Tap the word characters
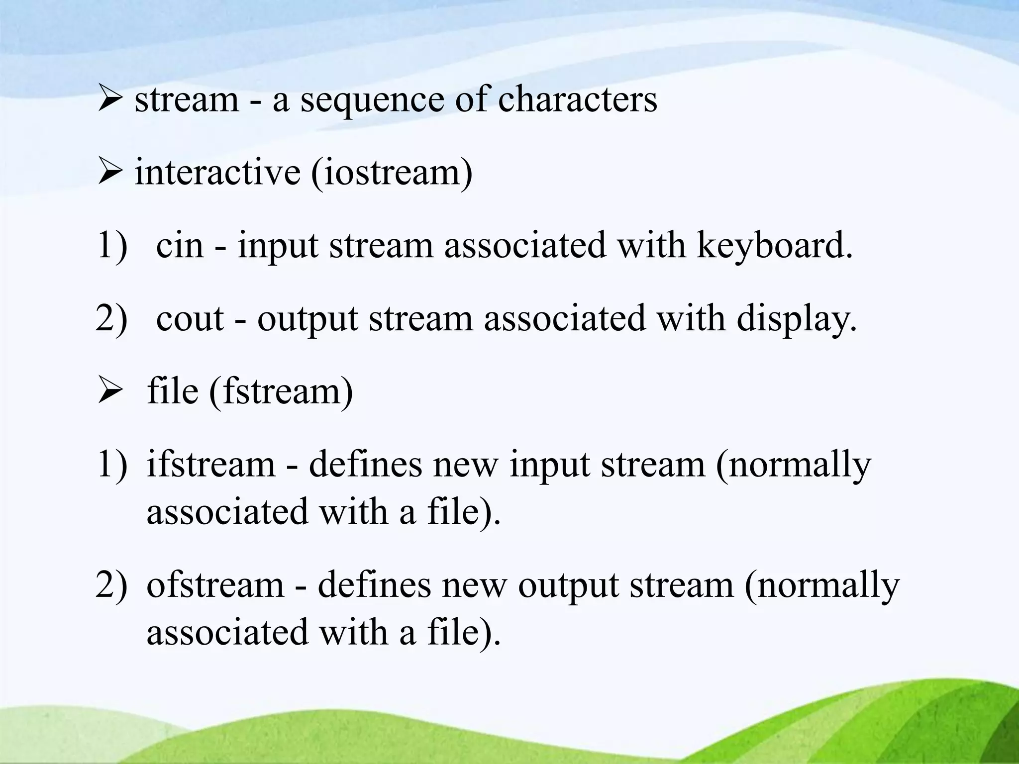[x=577, y=99]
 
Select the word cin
[x=180, y=245]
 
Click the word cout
[x=190, y=319]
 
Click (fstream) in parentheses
[x=281, y=392]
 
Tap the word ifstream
[x=210, y=464]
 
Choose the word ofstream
[x=215, y=585]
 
